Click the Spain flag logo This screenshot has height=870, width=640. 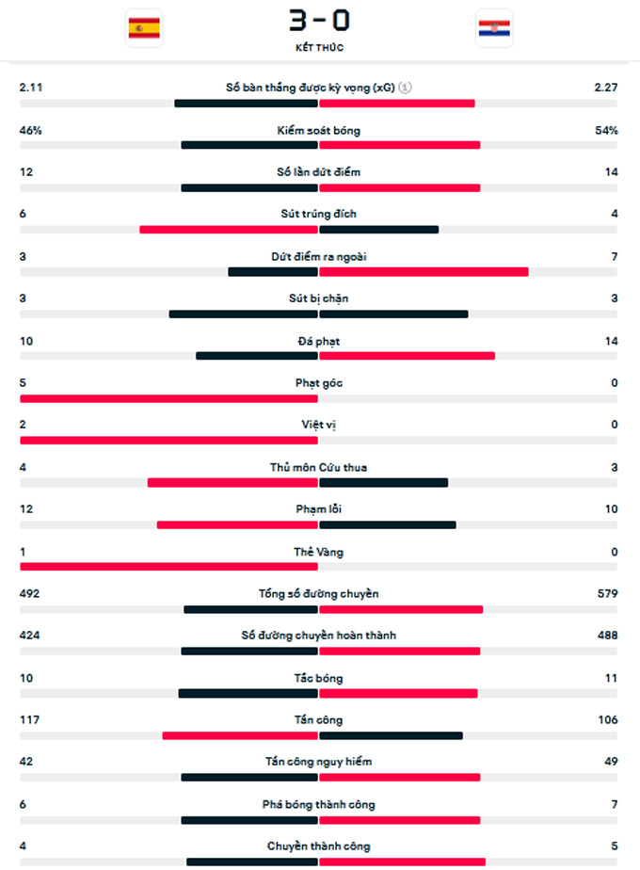(144, 28)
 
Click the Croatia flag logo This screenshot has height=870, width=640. (494, 28)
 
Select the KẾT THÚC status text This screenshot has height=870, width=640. (319, 47)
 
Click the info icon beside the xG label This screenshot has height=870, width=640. (405, 88)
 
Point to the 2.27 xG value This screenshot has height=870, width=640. (605, 88)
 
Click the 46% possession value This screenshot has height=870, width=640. (31, 131)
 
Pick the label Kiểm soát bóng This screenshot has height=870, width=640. (319, 131)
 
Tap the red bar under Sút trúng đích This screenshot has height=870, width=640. (229, 229)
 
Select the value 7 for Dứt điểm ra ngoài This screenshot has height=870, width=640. (614, 256)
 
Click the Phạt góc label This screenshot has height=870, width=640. (319, 383)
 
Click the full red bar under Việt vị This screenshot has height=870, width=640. (169, 440)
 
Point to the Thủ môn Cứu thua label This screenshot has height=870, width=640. (319, 468)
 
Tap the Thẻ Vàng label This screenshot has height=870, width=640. (319, 553)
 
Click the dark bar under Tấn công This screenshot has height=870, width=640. (391, 735)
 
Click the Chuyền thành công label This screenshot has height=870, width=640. (319, 846)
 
